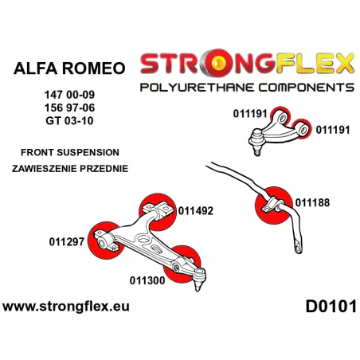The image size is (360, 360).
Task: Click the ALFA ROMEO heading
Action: pyautogui.click(x=69, y=68)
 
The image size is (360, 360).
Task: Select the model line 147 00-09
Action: pyautogui.click(x=69, y=95)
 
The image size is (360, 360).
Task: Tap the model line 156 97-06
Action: pyautogui.click(x=69, y=108)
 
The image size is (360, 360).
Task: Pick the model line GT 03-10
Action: pyautogui.click(x=69, y=121)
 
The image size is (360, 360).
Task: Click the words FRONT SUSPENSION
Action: pyautogui.click(x=70, y=152)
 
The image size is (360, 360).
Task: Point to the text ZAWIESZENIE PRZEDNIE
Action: pyautogui.click(x=70, y=169)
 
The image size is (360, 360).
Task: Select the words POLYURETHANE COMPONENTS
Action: pyautogui.click(x=247, y=88)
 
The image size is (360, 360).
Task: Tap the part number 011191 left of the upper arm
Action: pyautogui.click(x=250, y=114)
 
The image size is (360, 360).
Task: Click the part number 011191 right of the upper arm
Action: pyautogui.click(x=333, y=130)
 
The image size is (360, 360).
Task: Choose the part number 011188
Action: pyautogui.click(x=312, y=202)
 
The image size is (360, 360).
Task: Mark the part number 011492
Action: pyautogui.click(x=196, y=211)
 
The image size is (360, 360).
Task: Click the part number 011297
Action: pyautogui.click(x=67, y=242)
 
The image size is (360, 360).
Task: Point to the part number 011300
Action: pyautogui.click(x=147, y=280)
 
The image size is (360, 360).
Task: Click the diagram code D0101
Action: pyautogui.click(x=331, y=307)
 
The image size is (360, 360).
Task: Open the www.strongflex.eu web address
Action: pyautogui.click(x=66, y=307)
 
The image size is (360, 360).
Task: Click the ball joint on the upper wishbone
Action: pyautogui.click(x=256, y=141)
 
